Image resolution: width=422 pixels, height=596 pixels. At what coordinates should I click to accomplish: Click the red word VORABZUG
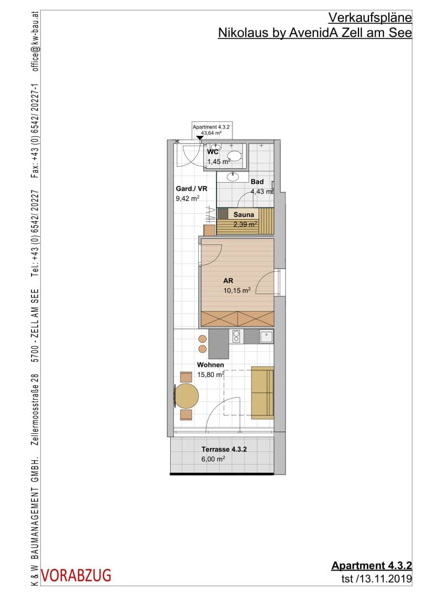pos(76,576)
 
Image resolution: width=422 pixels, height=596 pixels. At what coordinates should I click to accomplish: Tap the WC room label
pos(213,152)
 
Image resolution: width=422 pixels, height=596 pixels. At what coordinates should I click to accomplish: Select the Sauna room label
pos(244,214)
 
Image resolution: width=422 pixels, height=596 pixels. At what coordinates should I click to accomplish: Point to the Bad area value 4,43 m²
pos(262,191)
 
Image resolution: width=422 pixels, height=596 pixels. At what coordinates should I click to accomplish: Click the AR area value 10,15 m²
pos(237,290)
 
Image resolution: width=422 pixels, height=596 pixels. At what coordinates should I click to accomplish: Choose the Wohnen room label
pos(210,365)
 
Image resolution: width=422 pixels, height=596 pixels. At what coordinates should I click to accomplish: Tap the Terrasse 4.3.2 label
pos(224,449)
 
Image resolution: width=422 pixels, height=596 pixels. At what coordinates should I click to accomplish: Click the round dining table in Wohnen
pos(187,396)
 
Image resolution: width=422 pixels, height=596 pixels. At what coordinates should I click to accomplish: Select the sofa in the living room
pos(262,393)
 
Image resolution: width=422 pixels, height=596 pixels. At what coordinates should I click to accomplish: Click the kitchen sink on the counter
pos(266,337)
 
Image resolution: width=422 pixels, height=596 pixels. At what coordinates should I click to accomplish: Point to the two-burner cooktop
pos(236,337)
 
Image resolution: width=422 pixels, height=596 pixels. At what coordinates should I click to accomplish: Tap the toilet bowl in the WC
pos(234,156)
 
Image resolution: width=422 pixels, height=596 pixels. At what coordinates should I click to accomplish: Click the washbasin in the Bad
pos(233,177)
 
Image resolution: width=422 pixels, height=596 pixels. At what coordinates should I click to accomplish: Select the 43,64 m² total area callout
pos(211,133)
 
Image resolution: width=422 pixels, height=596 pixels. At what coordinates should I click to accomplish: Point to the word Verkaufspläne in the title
pos(370,18)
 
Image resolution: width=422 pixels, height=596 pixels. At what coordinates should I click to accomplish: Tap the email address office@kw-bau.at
pos(35,41)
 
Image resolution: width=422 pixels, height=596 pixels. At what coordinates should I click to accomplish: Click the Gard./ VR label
pos(192,189)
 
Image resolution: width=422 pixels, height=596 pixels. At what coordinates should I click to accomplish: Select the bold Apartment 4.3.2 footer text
pos(371,565)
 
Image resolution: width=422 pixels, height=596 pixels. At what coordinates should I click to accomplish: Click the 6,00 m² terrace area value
pos(213,459)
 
